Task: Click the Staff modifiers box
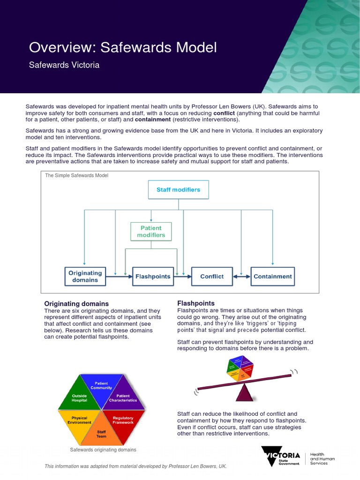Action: click(178, 190)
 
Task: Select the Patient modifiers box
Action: click(151, 232)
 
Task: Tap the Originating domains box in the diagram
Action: click(85, 276)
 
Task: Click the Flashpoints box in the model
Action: click(153, 276)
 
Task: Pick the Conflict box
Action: click(212, 276)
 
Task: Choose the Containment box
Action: click(272, 276)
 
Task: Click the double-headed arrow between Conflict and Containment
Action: click(241, 277)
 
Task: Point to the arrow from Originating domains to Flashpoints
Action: click(119, 277)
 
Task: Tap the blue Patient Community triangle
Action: click(101, 386)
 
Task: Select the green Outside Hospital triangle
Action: click(79, 398)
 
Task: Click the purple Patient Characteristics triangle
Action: click(123, 398)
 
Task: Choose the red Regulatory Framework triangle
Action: click(123, 420)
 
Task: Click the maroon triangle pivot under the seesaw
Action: click(244, 393)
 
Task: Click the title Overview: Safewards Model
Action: click(123, 47)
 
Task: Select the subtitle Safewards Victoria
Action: click(64, 65)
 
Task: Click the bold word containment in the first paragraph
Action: click(153, 120)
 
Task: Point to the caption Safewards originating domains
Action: click(103, 450)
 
